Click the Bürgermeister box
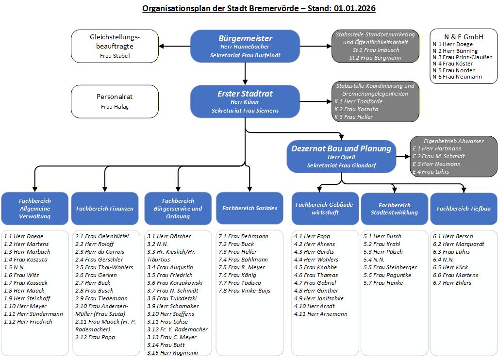point(245,47)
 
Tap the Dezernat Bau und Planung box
point(341,156)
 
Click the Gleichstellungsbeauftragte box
point(115,46)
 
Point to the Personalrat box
point(115,101)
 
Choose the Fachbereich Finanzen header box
point(105,209)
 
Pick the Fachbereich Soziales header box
point(249,208)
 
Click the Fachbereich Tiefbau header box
point(464,209)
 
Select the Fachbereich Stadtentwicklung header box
point(394,209)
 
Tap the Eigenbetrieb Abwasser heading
point(454,141)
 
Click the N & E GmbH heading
point(464,36)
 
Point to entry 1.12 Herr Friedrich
point(28,322)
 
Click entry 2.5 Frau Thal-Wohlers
point(104,267)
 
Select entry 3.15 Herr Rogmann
point(172,353)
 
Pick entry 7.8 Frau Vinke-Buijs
point(244,291)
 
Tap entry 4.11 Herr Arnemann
point(320,314)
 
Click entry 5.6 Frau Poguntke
point(387,275)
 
